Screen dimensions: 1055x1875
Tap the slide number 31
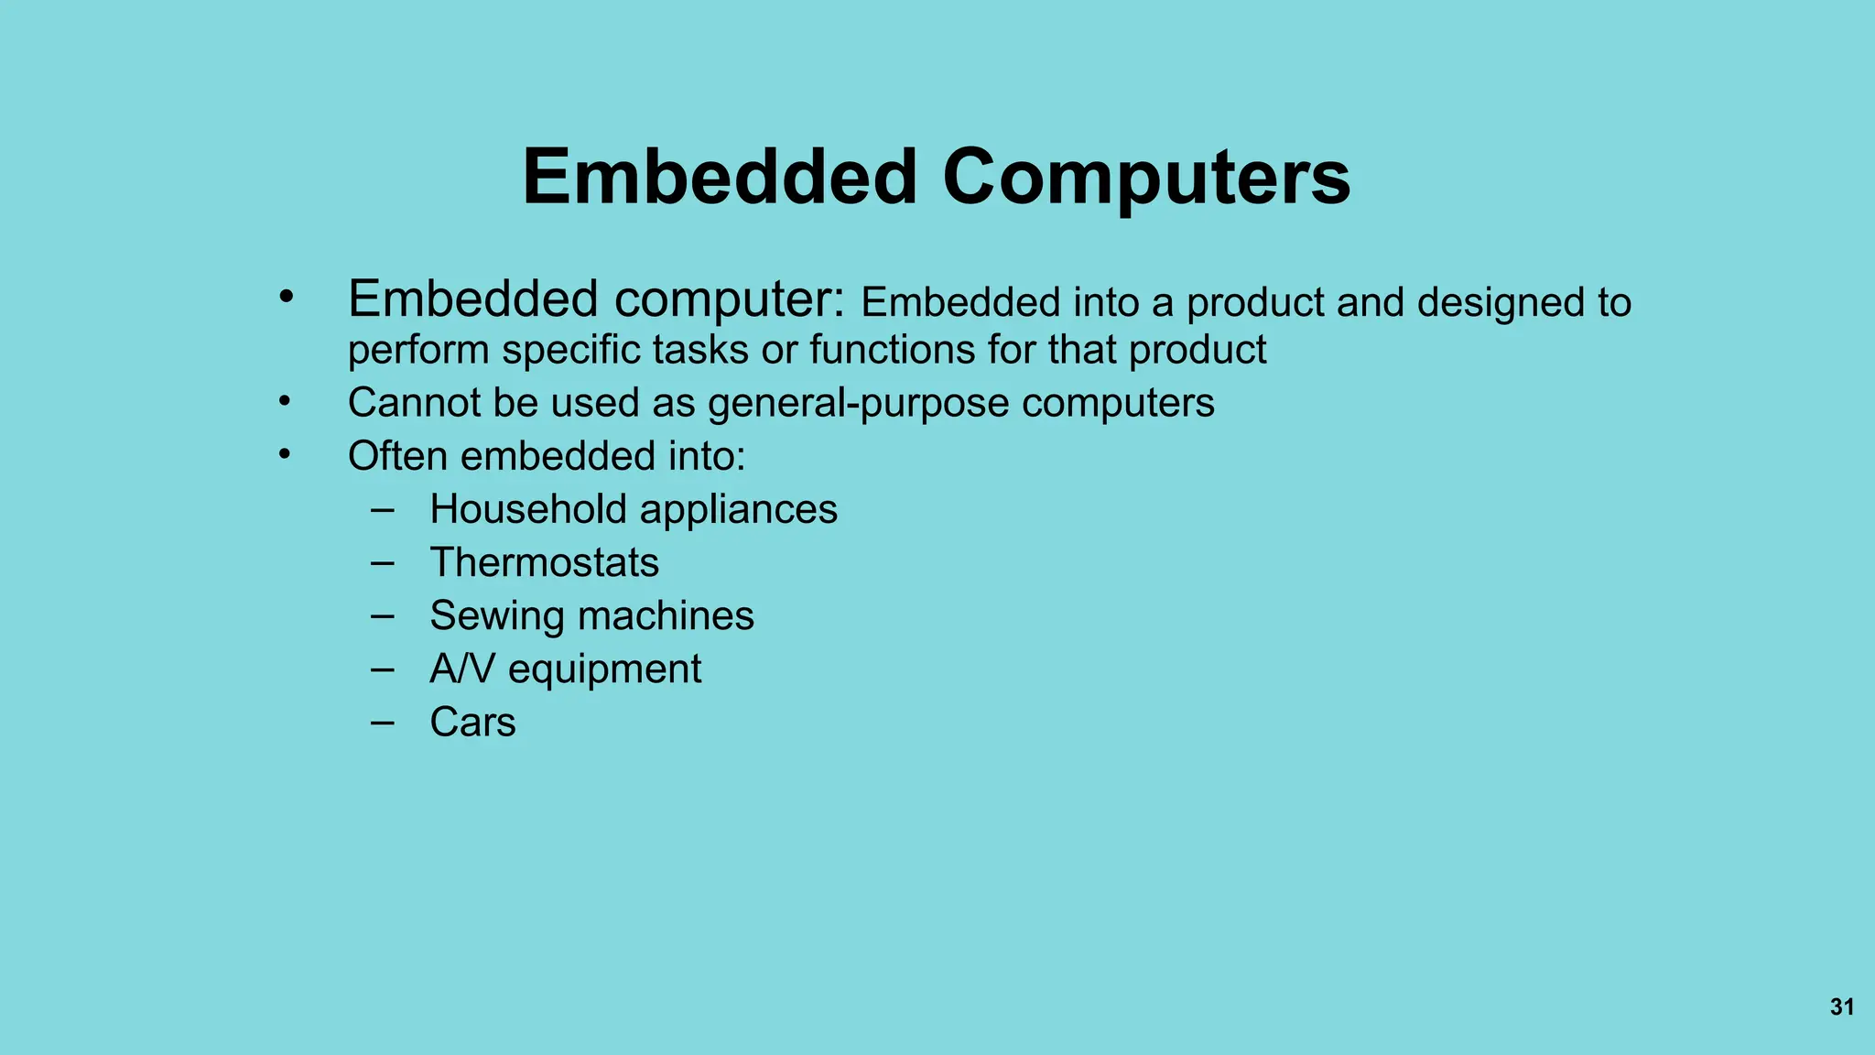point(1842,1007)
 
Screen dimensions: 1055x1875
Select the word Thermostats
point(544,562)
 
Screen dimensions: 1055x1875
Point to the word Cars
point(472,722)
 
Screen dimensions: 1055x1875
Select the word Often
point(397,456)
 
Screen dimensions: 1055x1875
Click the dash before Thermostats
point(383,562)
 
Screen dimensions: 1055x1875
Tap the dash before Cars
point(383,722)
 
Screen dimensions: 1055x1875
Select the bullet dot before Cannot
point(286,401)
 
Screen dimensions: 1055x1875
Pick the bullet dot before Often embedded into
point(286,454)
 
